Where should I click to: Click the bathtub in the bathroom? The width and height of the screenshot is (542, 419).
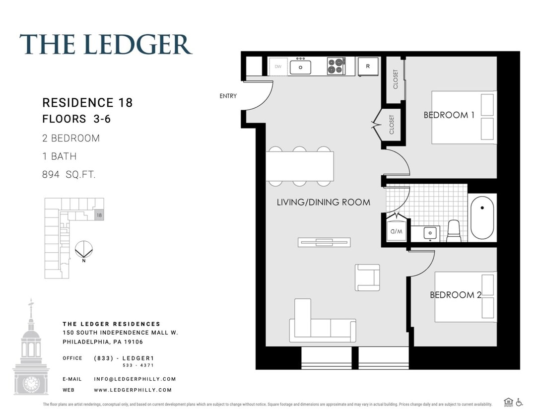[x=482, y=218]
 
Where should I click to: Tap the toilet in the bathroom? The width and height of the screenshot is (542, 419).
[x=454, y=231]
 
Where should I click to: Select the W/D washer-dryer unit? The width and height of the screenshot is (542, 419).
[x=396, y=231]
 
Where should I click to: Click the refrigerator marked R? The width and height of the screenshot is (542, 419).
[x=368, y=66]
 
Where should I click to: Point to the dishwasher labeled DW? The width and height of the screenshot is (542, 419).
[x=278, y=67]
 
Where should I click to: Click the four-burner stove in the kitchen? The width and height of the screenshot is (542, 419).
[x=336, y=67]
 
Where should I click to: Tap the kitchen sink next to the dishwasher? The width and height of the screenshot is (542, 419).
[x=300, y=67]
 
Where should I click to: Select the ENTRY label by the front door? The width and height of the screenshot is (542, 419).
[x=228, y=96]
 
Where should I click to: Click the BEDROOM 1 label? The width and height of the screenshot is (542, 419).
[x=449, y=115]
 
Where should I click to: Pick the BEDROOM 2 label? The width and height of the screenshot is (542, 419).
[x=455, y=295]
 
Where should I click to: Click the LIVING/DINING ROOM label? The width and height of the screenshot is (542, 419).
[x=323, y=202]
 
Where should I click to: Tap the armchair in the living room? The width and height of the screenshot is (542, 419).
[x=367, y=278]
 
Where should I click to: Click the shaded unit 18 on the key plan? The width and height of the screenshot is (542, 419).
[x=99, y=215]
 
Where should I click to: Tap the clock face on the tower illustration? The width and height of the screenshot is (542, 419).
[x=31, y=384]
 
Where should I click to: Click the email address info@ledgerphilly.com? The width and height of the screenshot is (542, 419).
[x=135, y=379]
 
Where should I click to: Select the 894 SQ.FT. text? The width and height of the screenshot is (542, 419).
[x=69, y=175]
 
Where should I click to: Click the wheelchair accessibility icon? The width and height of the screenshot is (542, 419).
[x=519, y=403]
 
